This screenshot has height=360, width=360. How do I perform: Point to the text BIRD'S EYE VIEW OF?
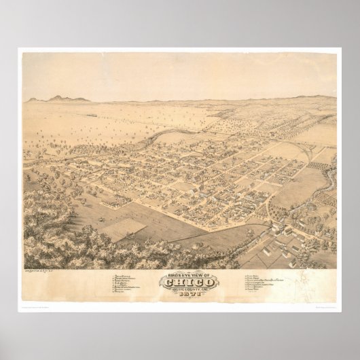pyautogui.click(x=179, y=273)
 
